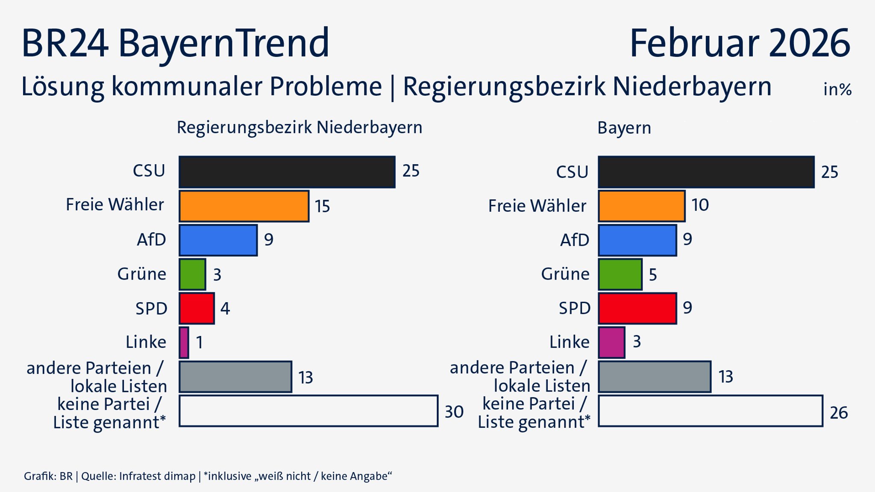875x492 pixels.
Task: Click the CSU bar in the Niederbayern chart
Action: (x=287, y=172)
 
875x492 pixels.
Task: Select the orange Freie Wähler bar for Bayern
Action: (x=641, y=206)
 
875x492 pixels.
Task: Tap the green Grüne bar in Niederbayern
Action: (x=192, y=274)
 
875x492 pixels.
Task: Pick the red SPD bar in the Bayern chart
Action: (x=637, y=308)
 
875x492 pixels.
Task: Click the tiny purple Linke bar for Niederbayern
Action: (x=184, y=342)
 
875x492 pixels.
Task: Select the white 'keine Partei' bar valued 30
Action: (x=308, y=411)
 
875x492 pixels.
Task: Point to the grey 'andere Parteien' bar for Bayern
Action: (x=655, y=377)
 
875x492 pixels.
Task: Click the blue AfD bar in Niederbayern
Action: (x=218, y=240)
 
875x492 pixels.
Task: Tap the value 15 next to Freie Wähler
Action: (x=323, y=206)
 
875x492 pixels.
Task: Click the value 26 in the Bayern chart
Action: (x=838, y=413)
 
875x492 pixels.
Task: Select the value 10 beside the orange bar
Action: (x=700, y=205)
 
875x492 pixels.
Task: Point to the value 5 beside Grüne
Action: (x=652, y=275)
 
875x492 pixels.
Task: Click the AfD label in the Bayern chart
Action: (x=574, y=240)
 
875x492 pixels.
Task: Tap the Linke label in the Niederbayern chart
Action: (x=146, y=342)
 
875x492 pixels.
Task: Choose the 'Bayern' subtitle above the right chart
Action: (x=624, y=128)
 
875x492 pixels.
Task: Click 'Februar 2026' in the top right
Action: (x=740, y=43)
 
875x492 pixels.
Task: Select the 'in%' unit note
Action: (x=837, y=89)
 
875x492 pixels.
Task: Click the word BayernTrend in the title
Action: (x=223, y=44)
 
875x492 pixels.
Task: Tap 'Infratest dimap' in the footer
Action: (x=157, y=476)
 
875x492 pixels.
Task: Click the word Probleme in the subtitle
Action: (x=326, y=87)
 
